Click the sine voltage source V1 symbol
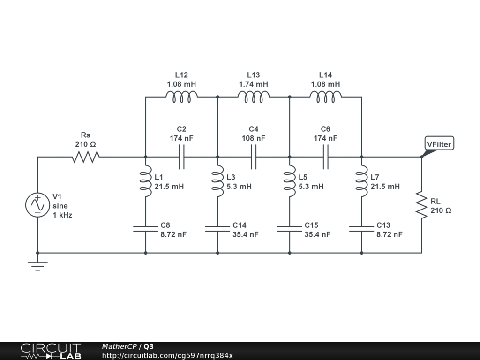click(37, 205)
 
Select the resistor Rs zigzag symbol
click(85, 157)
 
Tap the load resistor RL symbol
click(421, 205)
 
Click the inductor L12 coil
click(181, 97)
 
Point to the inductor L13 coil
click(254, 97)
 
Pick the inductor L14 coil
click(325, 97)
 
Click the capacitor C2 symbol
click(181, 157)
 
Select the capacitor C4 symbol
click(254, 157)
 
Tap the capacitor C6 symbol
click(325, 157)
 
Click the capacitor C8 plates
click(146, 229)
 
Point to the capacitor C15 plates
click(290, 229)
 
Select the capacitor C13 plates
click(361, 229)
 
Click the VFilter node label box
click(439, 144)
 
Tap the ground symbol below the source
click(37, 265)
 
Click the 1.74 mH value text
click(254, 84)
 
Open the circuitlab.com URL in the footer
click(167, 355)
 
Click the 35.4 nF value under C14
click(245, 234)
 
